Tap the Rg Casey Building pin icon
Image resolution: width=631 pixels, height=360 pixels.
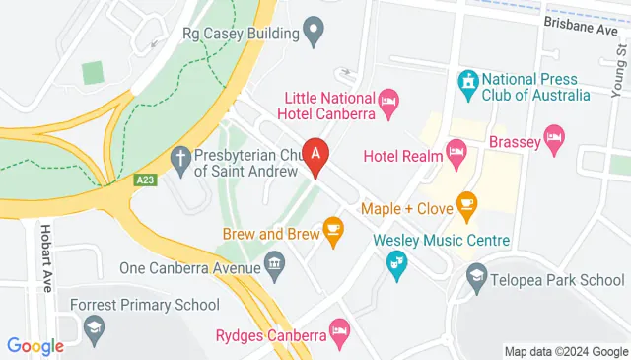[x=315, y=33]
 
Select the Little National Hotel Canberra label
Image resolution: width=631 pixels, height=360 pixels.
[x=329, y=106]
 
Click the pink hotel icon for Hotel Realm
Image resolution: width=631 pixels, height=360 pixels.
[x=456, y=151]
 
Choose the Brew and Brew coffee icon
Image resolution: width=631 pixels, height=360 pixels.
[x=333, y=231]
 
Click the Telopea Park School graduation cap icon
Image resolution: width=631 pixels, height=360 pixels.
[x=478, y=276]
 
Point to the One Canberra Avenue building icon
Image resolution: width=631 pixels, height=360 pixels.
[x=273, y=264]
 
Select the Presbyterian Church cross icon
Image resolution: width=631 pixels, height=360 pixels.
[x=180, y=159]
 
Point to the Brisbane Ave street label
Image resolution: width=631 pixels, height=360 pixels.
[x=582, y=27]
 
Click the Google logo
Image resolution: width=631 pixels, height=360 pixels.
[x=35, y=346]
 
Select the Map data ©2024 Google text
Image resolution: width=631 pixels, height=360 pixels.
[x=565, y=351]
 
